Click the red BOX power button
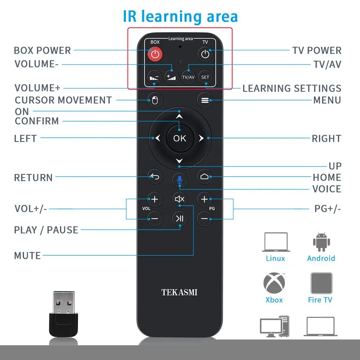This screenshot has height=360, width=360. (x=155, y=55)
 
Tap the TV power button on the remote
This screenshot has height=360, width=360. (x=205, y=55)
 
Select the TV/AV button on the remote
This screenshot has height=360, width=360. (x=188, y=77)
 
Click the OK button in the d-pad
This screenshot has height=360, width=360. (x=179, y=138)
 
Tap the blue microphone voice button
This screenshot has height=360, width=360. (x=179, y=178)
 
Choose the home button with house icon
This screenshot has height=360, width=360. (x=204, y=177)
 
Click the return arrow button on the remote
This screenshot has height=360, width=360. (x=155, y=177)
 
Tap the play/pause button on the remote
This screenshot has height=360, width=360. (x=179, y=218)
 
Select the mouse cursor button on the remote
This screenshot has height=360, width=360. (x=155, y=100)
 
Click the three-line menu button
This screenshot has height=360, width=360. (x=205, y=100)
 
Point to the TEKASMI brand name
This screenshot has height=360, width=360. (x=179, y=292)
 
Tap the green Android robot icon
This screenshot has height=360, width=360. (x=321, y=242)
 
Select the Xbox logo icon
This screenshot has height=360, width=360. (x=274, y=283)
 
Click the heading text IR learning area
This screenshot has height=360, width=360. (x=181, y=17)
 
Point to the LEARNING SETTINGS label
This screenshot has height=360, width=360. (x=292, y=88)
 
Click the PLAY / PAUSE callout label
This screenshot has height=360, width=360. (x=46, y=230)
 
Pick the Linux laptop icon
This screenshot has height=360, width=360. (x=275, y=242)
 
